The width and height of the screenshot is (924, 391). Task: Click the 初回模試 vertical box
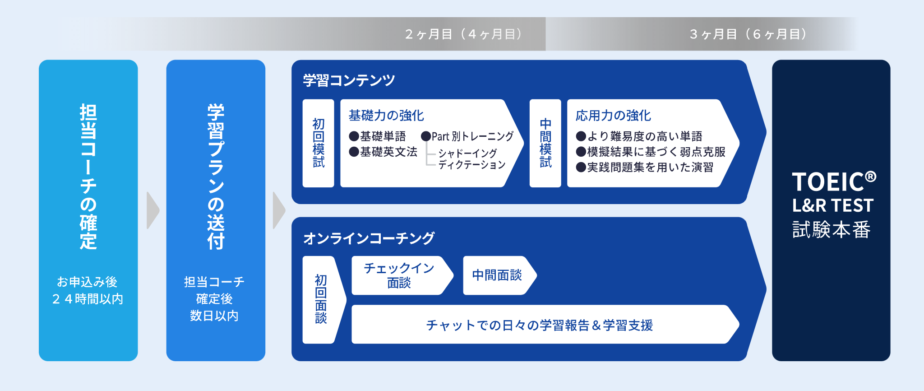pos(318,143)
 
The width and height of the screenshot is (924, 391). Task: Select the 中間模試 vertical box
pos(545,143)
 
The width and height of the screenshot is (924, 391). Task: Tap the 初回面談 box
pos(323,300)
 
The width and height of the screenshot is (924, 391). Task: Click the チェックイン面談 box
pos(401,275)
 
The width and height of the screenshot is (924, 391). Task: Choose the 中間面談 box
pos(499,275)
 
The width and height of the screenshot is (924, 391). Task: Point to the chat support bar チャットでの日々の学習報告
pos(544,324)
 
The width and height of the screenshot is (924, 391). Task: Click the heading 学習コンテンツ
pos(349,80)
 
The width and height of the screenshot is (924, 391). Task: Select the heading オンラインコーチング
pos(369,238)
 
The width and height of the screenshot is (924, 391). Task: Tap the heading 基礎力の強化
pos(386,116)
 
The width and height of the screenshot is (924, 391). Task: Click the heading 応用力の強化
pos(613,116)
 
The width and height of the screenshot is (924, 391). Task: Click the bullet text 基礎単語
pos(383,136)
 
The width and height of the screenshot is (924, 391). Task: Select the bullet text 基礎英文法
pos(388,152)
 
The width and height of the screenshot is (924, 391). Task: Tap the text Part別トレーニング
pos(472,136)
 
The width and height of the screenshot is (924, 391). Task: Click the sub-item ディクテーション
pos(471,165)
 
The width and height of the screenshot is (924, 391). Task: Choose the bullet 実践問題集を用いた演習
pos(650,168)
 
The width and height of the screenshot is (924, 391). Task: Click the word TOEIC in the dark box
pos(828,182)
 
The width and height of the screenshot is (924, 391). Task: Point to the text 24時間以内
pos(88,299)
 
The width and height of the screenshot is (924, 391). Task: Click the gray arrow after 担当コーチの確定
pos(152,210)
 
